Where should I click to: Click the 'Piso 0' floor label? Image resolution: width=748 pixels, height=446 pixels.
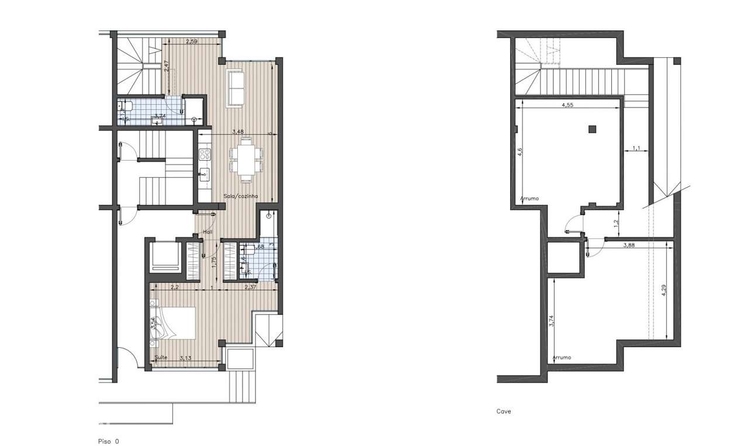click(108, 441)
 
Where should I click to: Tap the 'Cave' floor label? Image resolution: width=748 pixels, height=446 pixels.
click(504, 412)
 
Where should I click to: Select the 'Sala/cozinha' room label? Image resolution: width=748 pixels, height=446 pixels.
click(241, 197)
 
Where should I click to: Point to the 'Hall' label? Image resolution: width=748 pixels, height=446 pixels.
click(207, 232)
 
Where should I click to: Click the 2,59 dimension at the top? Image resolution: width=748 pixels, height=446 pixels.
click(191, 42)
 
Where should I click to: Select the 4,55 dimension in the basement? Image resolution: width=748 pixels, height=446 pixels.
click(567, 106)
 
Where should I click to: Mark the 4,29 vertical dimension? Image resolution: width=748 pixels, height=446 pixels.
click(664, 291)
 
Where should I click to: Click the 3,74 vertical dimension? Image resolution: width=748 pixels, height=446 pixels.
click(552, 321)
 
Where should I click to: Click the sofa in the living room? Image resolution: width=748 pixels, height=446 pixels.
click(236, 88)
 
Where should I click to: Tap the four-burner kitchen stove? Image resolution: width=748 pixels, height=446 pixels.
click(205, 155)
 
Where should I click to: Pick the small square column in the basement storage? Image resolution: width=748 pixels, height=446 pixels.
click(592, 129)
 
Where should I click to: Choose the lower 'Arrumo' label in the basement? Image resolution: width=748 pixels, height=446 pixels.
click(562, 357)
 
